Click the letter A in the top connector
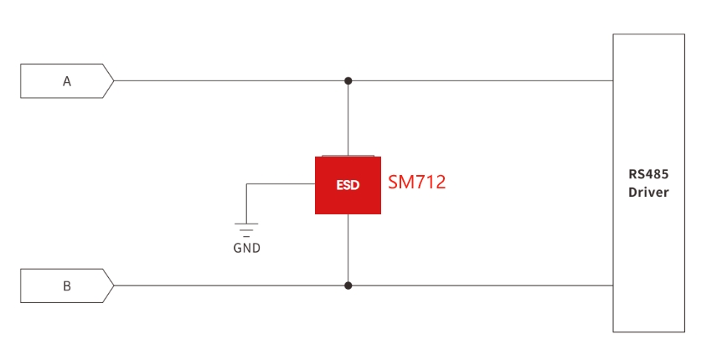coord(67,81)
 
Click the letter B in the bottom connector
coord(67,286)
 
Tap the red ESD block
coord(348,185)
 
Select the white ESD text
coord(348,185)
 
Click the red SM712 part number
coord(417,182)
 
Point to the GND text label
coord(246,248)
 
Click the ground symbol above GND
coord(246,229)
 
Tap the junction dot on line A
coord(348,81)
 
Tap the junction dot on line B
coord(348,285)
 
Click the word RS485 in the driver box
coord(648,174)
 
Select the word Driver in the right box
coord(648,192)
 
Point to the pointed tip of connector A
coord(114,81)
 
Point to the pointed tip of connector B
coord(114,285)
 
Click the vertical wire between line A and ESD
coord(348,119)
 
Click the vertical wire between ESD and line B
coord(348,249)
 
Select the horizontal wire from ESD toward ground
coord(281,184)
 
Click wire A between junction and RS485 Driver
coord(481,81)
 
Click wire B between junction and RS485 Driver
coord(481,285)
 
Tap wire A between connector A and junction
coord(231,81)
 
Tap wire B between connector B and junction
coord(231,285)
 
